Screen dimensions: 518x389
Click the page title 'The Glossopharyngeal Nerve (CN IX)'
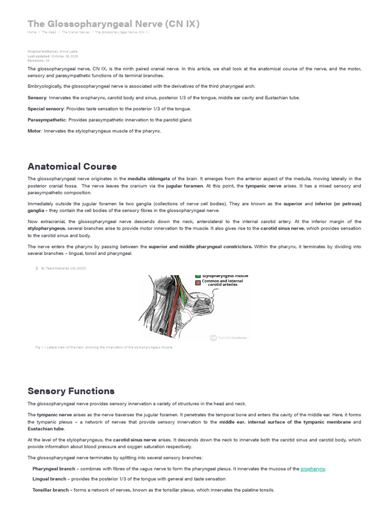(x=113, y=24)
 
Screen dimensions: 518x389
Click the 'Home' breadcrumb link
(x=32, y=32)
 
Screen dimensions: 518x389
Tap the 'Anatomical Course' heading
(x=72, y=166)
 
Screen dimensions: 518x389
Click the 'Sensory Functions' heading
(x=71, y=391)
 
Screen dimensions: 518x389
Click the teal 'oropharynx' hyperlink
(x=313, y=469)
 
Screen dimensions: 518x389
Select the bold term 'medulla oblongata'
(x=149, y=179)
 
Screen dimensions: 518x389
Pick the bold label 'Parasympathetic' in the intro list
(x=47, y=120)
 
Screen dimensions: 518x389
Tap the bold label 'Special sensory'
(x=46, y=109)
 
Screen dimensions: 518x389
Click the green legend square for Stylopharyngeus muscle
(x=198, y=276)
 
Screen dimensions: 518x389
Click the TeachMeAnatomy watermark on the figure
(x=230, y=337)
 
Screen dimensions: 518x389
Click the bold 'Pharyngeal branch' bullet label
(x=52, y=469)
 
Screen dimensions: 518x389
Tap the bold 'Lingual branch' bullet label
(x=49, y=479)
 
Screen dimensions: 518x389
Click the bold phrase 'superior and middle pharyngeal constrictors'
(x=200, y=246)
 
